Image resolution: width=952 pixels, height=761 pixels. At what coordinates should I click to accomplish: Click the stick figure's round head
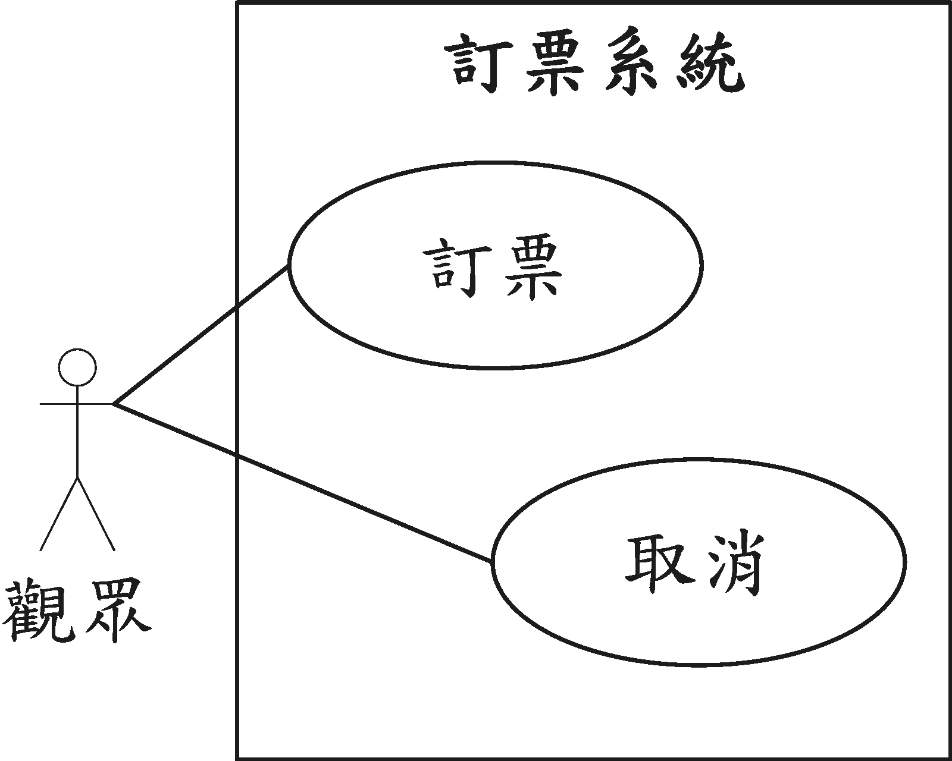(x=77, y=367)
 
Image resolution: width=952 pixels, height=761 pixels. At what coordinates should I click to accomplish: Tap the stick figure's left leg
(x=59, y=512)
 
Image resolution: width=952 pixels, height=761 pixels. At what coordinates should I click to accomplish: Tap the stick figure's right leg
(x=96, y=512)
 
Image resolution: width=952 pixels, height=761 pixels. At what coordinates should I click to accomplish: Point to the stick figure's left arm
(x=58, y=404)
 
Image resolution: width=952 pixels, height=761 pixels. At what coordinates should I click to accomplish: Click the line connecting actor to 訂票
(x=202, y=334)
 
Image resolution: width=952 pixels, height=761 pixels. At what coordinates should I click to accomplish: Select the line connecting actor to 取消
(x=303, y=482)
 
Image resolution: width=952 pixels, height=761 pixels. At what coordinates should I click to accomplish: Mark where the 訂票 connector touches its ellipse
(x=289, y=265)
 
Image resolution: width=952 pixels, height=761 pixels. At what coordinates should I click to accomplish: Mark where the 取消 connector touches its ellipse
(x=492, y=561)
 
